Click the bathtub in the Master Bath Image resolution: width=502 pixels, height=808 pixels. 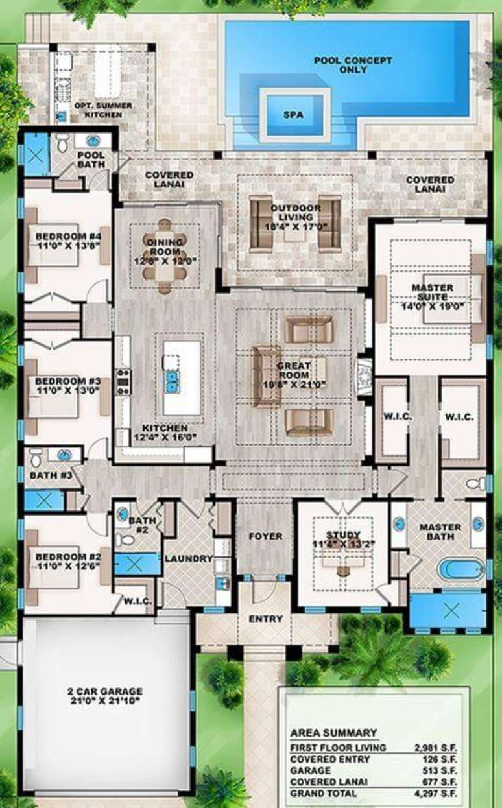[461, 570]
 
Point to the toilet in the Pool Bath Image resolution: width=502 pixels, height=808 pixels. [63, 145]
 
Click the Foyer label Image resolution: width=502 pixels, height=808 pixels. [265, 536]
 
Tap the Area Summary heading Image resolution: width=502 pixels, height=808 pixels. [333, 733]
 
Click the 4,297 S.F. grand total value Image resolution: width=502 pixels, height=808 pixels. [435, 793]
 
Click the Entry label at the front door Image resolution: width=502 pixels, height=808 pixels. [265, 619]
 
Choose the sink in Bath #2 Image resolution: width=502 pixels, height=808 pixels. [123, 514]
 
